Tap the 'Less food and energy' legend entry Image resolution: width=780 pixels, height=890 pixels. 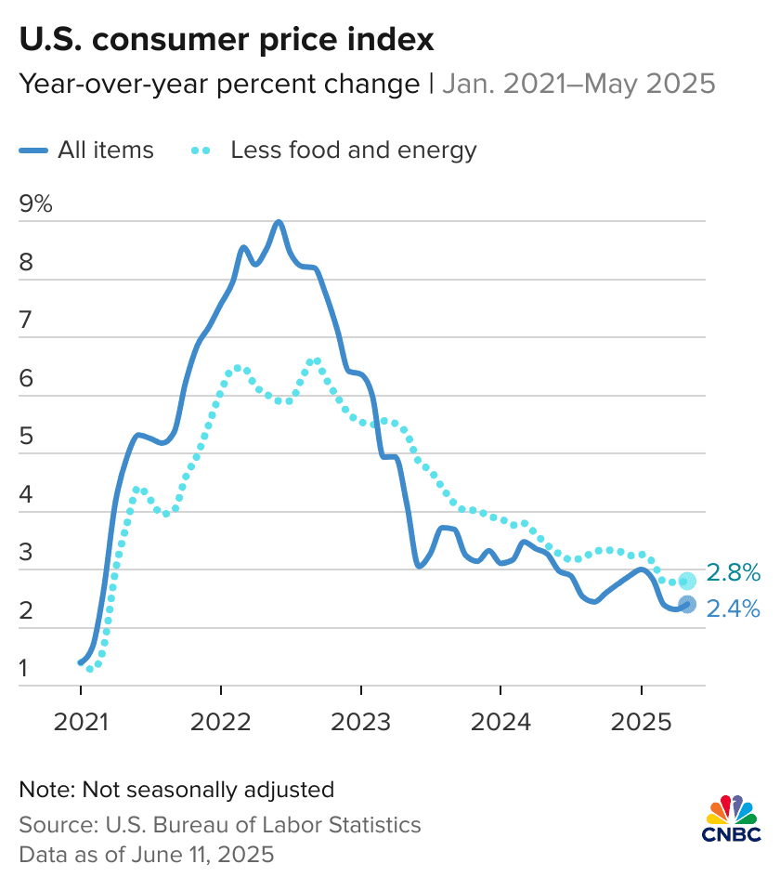tap(334, 150)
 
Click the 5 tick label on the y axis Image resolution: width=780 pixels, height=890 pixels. tap(26, 437)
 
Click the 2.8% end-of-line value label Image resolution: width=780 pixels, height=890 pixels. tap(734, 571)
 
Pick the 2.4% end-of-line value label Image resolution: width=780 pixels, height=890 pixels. tap(734, 609)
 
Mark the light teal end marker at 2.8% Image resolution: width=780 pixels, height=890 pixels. tap(687, 581)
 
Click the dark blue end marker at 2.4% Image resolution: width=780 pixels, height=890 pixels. tap(687, 605)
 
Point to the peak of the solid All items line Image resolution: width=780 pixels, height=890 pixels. tap(279, 222)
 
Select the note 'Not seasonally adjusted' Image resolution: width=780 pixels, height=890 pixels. tap(175, 790)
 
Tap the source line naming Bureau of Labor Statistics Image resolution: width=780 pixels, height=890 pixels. tap(219, 824)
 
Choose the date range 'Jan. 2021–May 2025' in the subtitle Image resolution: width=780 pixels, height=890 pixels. tap(578, 85)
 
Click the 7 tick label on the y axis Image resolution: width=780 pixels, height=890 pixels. tap(26, 321)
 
